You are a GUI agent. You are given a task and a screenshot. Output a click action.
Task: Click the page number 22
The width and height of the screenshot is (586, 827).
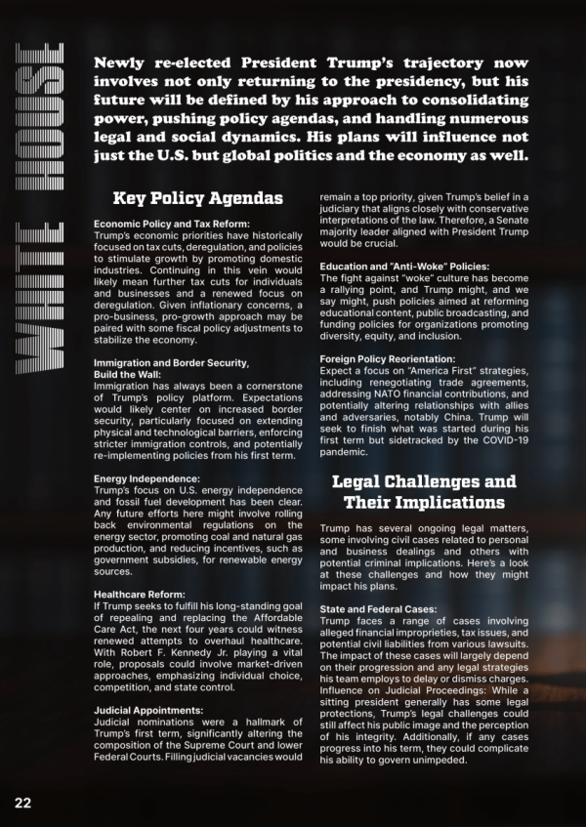click(22, 802)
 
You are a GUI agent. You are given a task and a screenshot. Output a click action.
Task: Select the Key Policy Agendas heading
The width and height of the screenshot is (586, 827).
click(198, 198)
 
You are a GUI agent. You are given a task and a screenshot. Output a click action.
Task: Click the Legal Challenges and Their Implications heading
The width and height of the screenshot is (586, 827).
click(423, 491)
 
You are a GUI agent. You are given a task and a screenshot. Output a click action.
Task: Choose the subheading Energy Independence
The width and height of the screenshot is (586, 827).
click(146, 478)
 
